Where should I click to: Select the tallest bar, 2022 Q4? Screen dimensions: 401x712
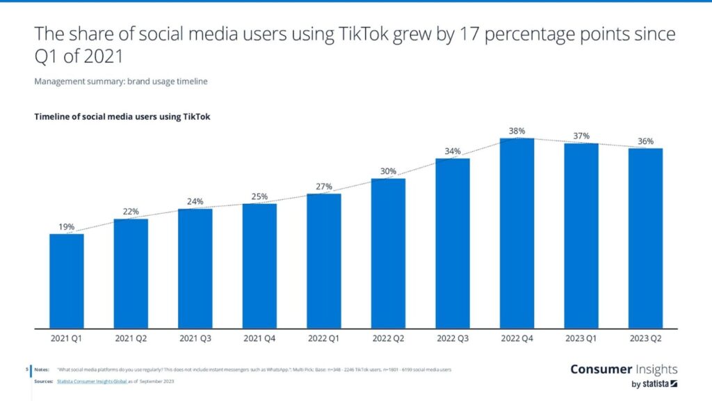tap(517, 233)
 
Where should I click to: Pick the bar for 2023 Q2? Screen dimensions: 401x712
tap(645, 237)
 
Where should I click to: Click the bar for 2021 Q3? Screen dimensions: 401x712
tap(195, 267)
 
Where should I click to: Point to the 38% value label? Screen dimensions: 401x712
tap(517, 131)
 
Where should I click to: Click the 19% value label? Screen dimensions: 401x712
tap(67, 226)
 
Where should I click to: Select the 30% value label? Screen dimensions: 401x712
tap(388, 171)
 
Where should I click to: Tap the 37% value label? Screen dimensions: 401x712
tap(581, 136)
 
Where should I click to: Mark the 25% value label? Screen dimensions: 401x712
tap(259, 196)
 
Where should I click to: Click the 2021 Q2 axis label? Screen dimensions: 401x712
tap(131, 340)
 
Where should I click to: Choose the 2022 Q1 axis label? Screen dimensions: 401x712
tap(324, 340)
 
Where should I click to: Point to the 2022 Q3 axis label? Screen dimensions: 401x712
tap(453, 340)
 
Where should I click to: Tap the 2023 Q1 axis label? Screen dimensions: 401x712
tap(581, 340)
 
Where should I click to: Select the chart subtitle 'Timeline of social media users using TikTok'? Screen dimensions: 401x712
tap(122, 116)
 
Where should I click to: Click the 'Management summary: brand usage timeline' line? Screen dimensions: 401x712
tap(121, 81)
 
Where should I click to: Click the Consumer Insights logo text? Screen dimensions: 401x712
tap(623, 369)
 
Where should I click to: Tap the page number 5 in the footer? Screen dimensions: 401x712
tap(26, 370)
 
